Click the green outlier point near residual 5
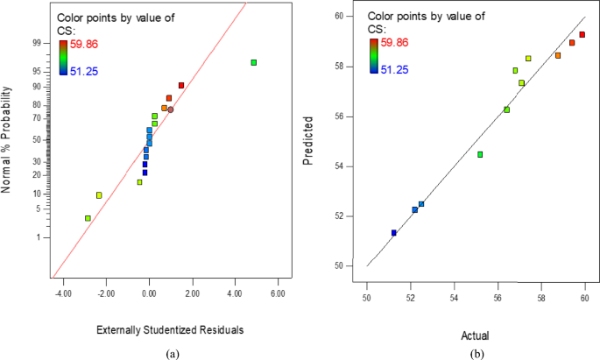(x=253, y=62)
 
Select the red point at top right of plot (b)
(x=582, y=35)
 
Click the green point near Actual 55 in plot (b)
(x=480, y=154)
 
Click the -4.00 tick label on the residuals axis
(x=62, y=293)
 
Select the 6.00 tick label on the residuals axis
(x=278, y=293)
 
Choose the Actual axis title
(x=476, y=335)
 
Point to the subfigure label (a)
(x=173, y=353)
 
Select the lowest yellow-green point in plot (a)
(x=88, y=218)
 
